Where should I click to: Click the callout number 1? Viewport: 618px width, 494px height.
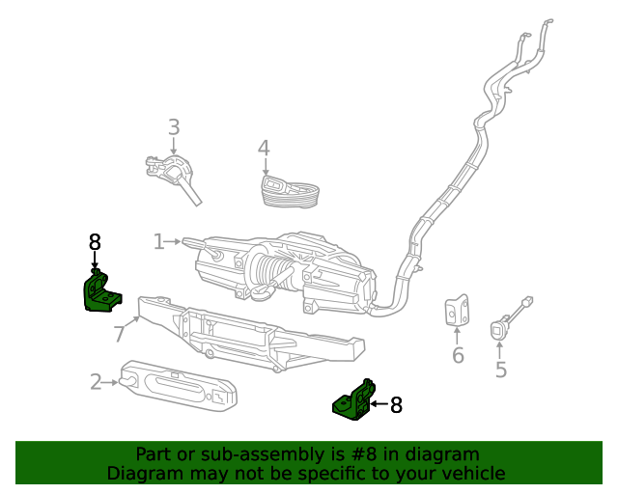click(159, 241)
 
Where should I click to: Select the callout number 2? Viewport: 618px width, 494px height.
click(97, 382)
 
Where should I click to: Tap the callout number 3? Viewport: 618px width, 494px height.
click(174, 127)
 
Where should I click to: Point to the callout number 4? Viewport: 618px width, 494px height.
click(264, 149)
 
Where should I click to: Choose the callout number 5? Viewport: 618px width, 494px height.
click(500, 369)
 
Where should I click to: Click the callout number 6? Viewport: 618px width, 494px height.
click(458, 356)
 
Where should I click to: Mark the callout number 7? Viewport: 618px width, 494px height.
click(120, 334)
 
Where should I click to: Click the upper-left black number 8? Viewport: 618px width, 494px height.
click(95, 243)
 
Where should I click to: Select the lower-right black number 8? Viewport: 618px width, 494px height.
click(396, 406)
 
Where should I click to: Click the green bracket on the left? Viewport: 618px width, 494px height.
click(99, 291)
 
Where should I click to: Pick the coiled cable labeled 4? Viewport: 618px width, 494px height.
click(292, 191)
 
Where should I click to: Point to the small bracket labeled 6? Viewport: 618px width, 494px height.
click(457, 312)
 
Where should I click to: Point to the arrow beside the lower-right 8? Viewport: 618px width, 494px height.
click(379, 406)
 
